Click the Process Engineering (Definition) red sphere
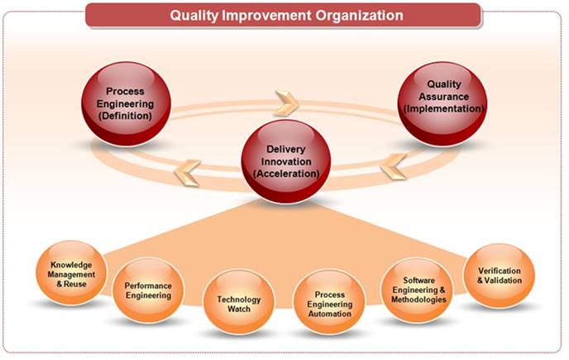126,104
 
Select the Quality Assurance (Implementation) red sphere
442,104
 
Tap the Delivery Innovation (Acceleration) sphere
286,161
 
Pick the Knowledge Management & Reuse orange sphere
71,273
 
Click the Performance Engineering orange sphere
148,290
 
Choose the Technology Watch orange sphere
239,302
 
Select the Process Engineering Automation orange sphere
329,302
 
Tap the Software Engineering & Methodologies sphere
418,290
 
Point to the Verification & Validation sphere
500,276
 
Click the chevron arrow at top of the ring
287,103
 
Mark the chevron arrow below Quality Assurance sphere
394,166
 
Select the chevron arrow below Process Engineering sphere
187,173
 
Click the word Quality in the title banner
194,16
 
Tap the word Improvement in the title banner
266,15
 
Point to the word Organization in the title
359,16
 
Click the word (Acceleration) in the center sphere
286,174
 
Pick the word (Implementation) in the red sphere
443,108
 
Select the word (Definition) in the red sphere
125,116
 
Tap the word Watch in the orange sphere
239,309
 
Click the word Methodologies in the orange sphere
418,300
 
